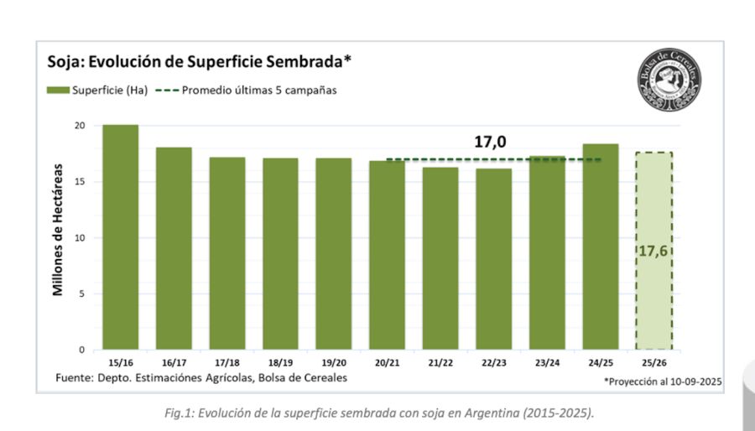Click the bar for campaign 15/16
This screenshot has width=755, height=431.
pos(120,237)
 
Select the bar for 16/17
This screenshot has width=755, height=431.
pos(174,248)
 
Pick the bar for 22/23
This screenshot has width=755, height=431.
pos(493,258)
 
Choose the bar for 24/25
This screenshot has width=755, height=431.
pos(600,247)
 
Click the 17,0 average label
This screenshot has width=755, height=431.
pos(490,143)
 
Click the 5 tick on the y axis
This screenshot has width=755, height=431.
pos(82,293)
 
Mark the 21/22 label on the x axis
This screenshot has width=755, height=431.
pos(440,362)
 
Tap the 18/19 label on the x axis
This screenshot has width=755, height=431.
pos(280,362)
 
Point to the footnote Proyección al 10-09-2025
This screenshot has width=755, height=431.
pos(663,381)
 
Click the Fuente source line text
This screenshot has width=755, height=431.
pos(201,378)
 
